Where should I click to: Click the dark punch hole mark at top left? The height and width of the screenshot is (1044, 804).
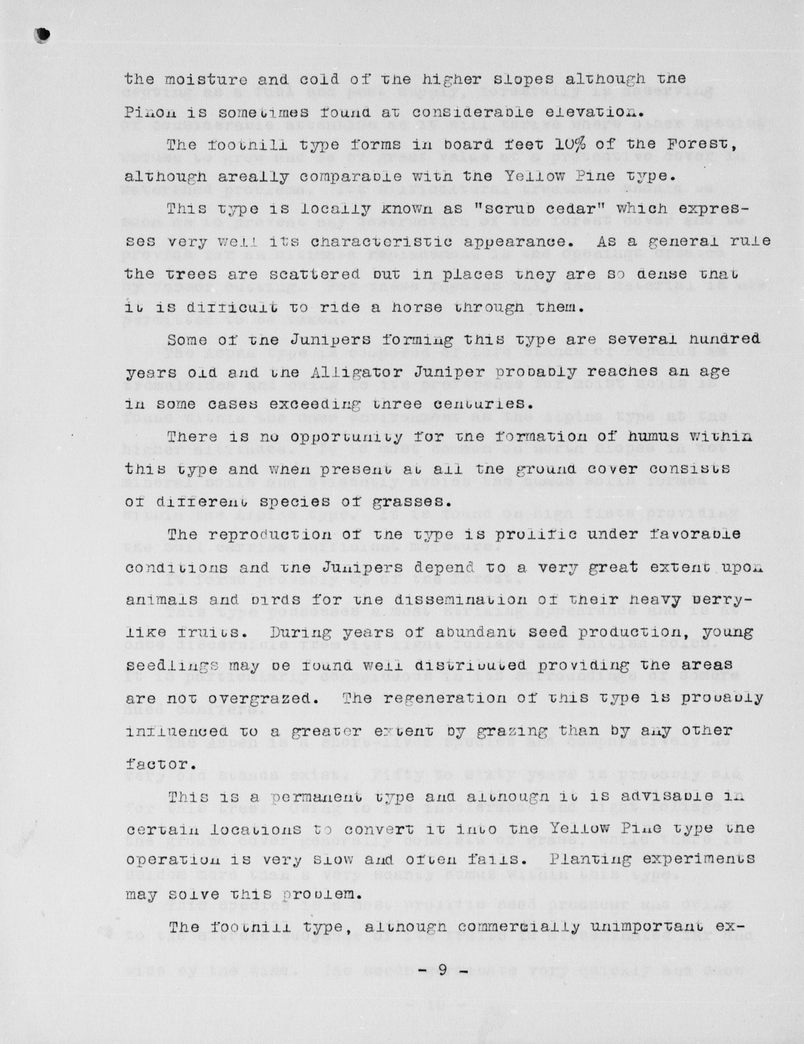coord(43,35)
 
